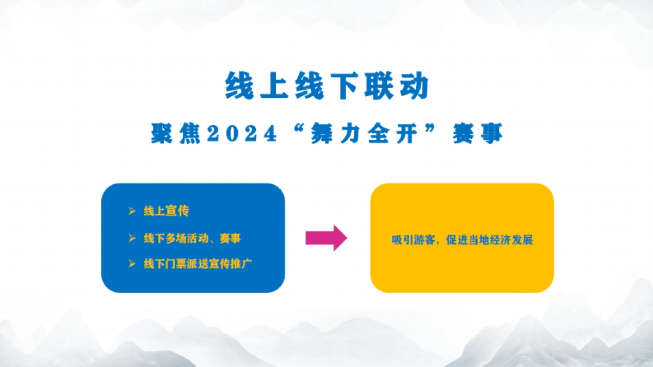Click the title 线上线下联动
(x=327, y=86)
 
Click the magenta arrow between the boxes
(x=326, y=238)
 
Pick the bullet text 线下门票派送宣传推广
(x=198, y=264)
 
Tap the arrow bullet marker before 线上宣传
(x=132, y=212)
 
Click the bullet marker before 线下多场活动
(x=132, y=238)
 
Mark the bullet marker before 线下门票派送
(x=132, y=264)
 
